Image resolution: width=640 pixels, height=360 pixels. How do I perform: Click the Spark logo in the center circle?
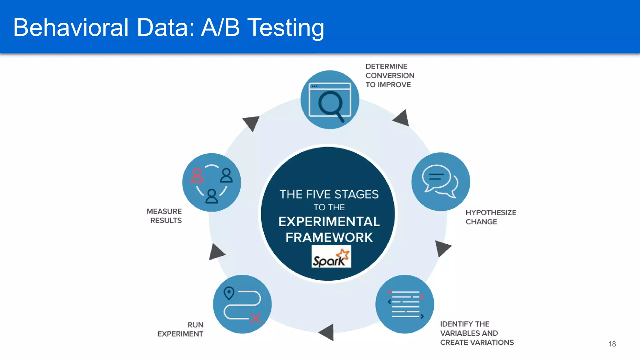pyautogui.click(x=331, y=257)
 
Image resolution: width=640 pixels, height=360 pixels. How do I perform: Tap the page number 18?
pyautogui.click(x=612, y=344)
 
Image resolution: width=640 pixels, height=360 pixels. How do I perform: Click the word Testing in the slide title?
pyautogui.click(x=286, y=28)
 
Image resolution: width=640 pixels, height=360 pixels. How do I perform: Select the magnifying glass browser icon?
pyautogui.click(x=330, y=100)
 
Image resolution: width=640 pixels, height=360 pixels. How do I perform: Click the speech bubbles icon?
pyautogui.click(x=440, y=182)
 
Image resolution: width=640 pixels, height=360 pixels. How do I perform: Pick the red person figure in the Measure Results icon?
pyautogui.click(x=197, y=176)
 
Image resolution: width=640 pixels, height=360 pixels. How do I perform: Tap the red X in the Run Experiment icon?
pyautogui.click(x=256, y=318)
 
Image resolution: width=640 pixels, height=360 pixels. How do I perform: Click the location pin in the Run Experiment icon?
pyautogui.click(x=229, y=293)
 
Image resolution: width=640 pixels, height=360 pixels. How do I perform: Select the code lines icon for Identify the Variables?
pyautogui.click(x=405, y=304)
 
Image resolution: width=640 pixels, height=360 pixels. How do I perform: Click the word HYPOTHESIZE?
pyautogui.click(x=491, y=212)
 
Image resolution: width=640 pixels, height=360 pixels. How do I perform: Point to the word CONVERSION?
pyautogui.click(x=390, y=76)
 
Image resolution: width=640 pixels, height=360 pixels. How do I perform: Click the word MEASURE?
pyautogui.click(x=164, y=212)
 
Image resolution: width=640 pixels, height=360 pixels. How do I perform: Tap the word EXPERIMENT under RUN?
pyautogui.click(x=180, y=334)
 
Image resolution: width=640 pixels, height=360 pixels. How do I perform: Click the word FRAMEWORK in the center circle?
pyautogui.click(x=329, y=237)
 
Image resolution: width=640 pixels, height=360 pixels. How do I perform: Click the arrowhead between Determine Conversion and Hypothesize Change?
pyautogui.click(x=402, y=119)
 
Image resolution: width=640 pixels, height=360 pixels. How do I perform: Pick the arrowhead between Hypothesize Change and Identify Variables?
pyautogui.click(x=442, y=248)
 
